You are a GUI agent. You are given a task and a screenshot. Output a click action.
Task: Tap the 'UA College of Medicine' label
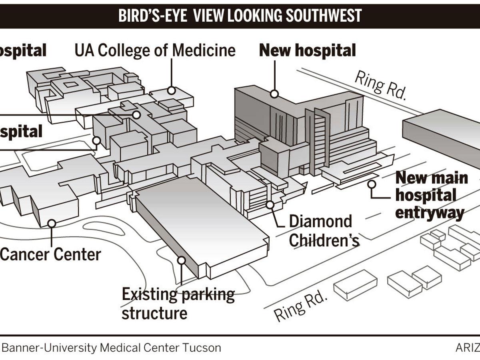click(x=155, y=51)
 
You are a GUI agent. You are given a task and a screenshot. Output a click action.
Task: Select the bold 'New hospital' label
click(x=307, y=51)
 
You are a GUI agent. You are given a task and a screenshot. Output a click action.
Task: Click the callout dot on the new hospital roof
click(x=274, y=94)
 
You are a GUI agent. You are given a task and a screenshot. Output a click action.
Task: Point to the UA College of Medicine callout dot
click(x=172, y=90)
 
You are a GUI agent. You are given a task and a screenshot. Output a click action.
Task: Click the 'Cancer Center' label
click(x=50, y=254)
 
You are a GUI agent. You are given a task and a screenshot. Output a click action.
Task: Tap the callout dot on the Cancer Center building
click(x=52, y=223)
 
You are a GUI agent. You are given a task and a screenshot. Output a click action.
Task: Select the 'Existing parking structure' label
click(x=178, y=304)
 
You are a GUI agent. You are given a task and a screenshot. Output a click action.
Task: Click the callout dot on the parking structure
click(x=181, y=260)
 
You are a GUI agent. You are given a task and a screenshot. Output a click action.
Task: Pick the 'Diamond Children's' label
click(x=321, y=231)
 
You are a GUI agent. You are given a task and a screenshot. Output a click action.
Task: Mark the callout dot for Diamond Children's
click(x=270, y=205)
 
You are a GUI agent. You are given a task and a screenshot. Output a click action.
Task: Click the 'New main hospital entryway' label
click(x=431, y=196)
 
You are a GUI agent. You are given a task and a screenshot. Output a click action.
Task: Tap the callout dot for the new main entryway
click(x=372, y=184)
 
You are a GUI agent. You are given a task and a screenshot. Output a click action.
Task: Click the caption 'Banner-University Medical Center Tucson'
click(x=112, y=348)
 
